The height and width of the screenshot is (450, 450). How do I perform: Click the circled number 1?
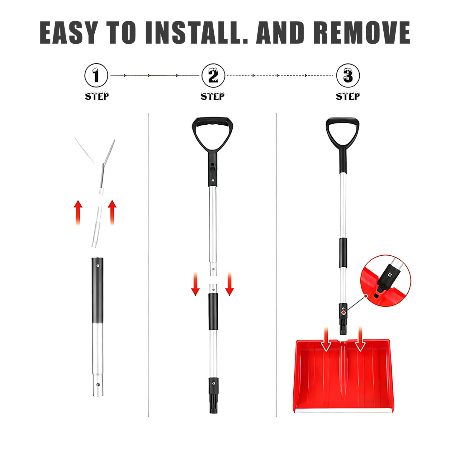coord(96,75)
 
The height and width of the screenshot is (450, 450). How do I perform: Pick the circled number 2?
coord(213,75)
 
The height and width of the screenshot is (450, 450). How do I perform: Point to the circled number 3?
coord(348,75)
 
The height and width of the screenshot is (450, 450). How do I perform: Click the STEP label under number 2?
coord(212,96)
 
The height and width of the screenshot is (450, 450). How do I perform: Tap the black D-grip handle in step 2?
coord(212,132)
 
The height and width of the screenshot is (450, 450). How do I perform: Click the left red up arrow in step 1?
coord(78,212)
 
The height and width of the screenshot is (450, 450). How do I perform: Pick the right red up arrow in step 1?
coord(112,212)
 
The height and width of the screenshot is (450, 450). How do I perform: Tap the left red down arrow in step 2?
coord(195,283)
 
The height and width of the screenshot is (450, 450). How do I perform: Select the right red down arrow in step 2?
coord(230,283)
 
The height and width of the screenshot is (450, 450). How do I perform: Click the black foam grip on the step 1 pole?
coord(97,290)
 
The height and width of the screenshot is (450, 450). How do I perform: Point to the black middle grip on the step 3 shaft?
coord(343,253)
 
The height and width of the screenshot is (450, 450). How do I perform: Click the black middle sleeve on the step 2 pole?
coord(213,311)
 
